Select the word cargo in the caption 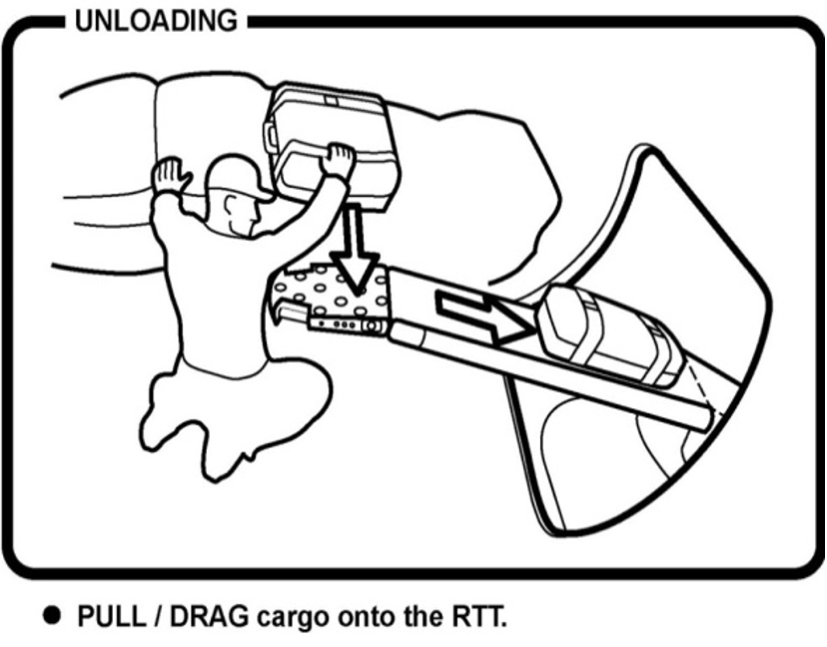click(x=281, y=617)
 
